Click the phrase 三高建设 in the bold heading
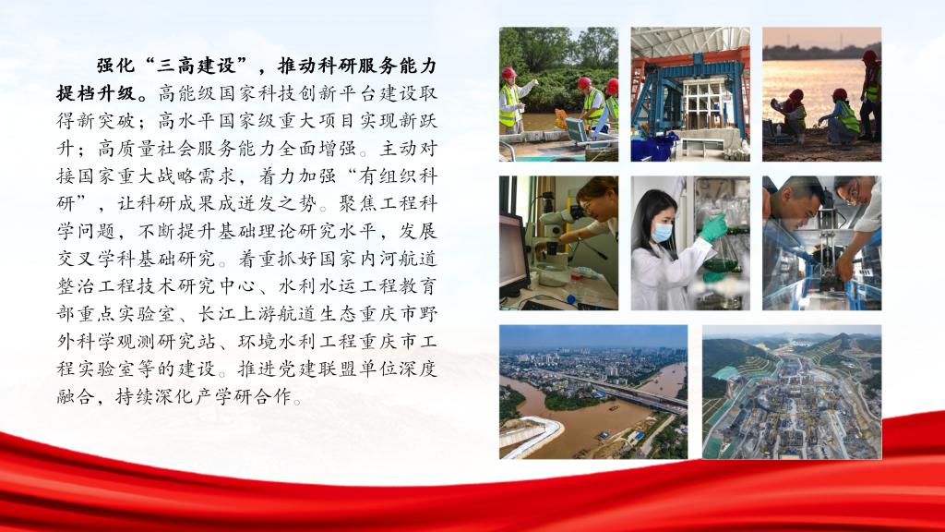pyautogui.click(x=197, y=66)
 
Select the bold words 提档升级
pyautogui.click(x=96, y=93)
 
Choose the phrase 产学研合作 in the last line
pyautogui.click(x=244, y=397)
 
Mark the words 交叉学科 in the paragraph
pyautogui.click(x=96, y=259)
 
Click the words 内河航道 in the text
pyautogui.click(x=399, y=259)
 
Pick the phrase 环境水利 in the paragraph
pyautogui.click(x=278, y=342)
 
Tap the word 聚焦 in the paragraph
pyautogui.click(x=358, y=204)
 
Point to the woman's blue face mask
pyautogui.click(x=661, y=232)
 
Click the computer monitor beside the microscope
pyautogui.click(x=513, y=252)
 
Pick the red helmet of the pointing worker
pyautogui.click(x=508, y=72)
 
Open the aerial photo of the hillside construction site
pyautogui.click(x=792, y=392)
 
